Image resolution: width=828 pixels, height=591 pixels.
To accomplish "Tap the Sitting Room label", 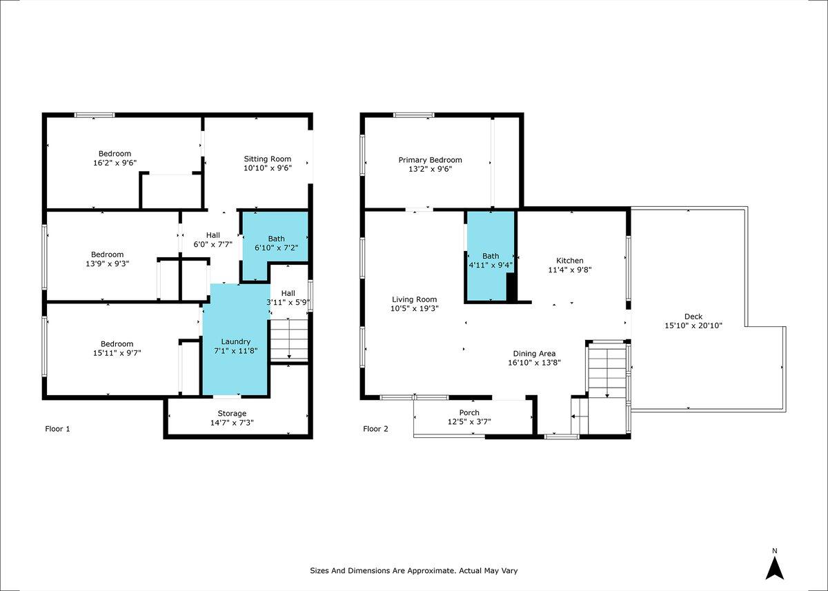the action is point(267,159).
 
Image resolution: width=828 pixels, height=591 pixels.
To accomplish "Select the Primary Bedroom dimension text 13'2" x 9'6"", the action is point(431,169).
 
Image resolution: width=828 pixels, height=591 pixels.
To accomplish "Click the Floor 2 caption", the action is point(375,428).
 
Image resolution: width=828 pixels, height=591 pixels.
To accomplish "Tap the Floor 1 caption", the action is point(57,428).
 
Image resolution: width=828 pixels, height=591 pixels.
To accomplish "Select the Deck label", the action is point(693,316).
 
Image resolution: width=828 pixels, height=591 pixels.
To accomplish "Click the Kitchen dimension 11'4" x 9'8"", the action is point(570,270).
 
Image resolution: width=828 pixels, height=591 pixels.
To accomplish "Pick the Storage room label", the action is point(232,413).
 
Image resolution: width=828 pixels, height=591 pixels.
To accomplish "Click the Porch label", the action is point(469,412).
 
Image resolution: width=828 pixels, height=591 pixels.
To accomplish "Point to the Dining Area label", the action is point(534,354).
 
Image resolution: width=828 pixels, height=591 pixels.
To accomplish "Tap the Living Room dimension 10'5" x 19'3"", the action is point(415,308).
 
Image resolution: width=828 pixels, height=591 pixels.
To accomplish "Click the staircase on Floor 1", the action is point(289,340).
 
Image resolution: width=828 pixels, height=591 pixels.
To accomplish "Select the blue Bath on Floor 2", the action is point(491,256).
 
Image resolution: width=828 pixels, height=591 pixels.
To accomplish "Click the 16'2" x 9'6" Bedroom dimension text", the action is point(115,163).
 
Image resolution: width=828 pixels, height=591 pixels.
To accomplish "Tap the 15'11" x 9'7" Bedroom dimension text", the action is point(117,353).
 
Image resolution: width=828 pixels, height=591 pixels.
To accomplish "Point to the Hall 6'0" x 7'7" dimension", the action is point(213,244).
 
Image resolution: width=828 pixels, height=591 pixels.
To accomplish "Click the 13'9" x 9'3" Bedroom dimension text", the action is point(107,263).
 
